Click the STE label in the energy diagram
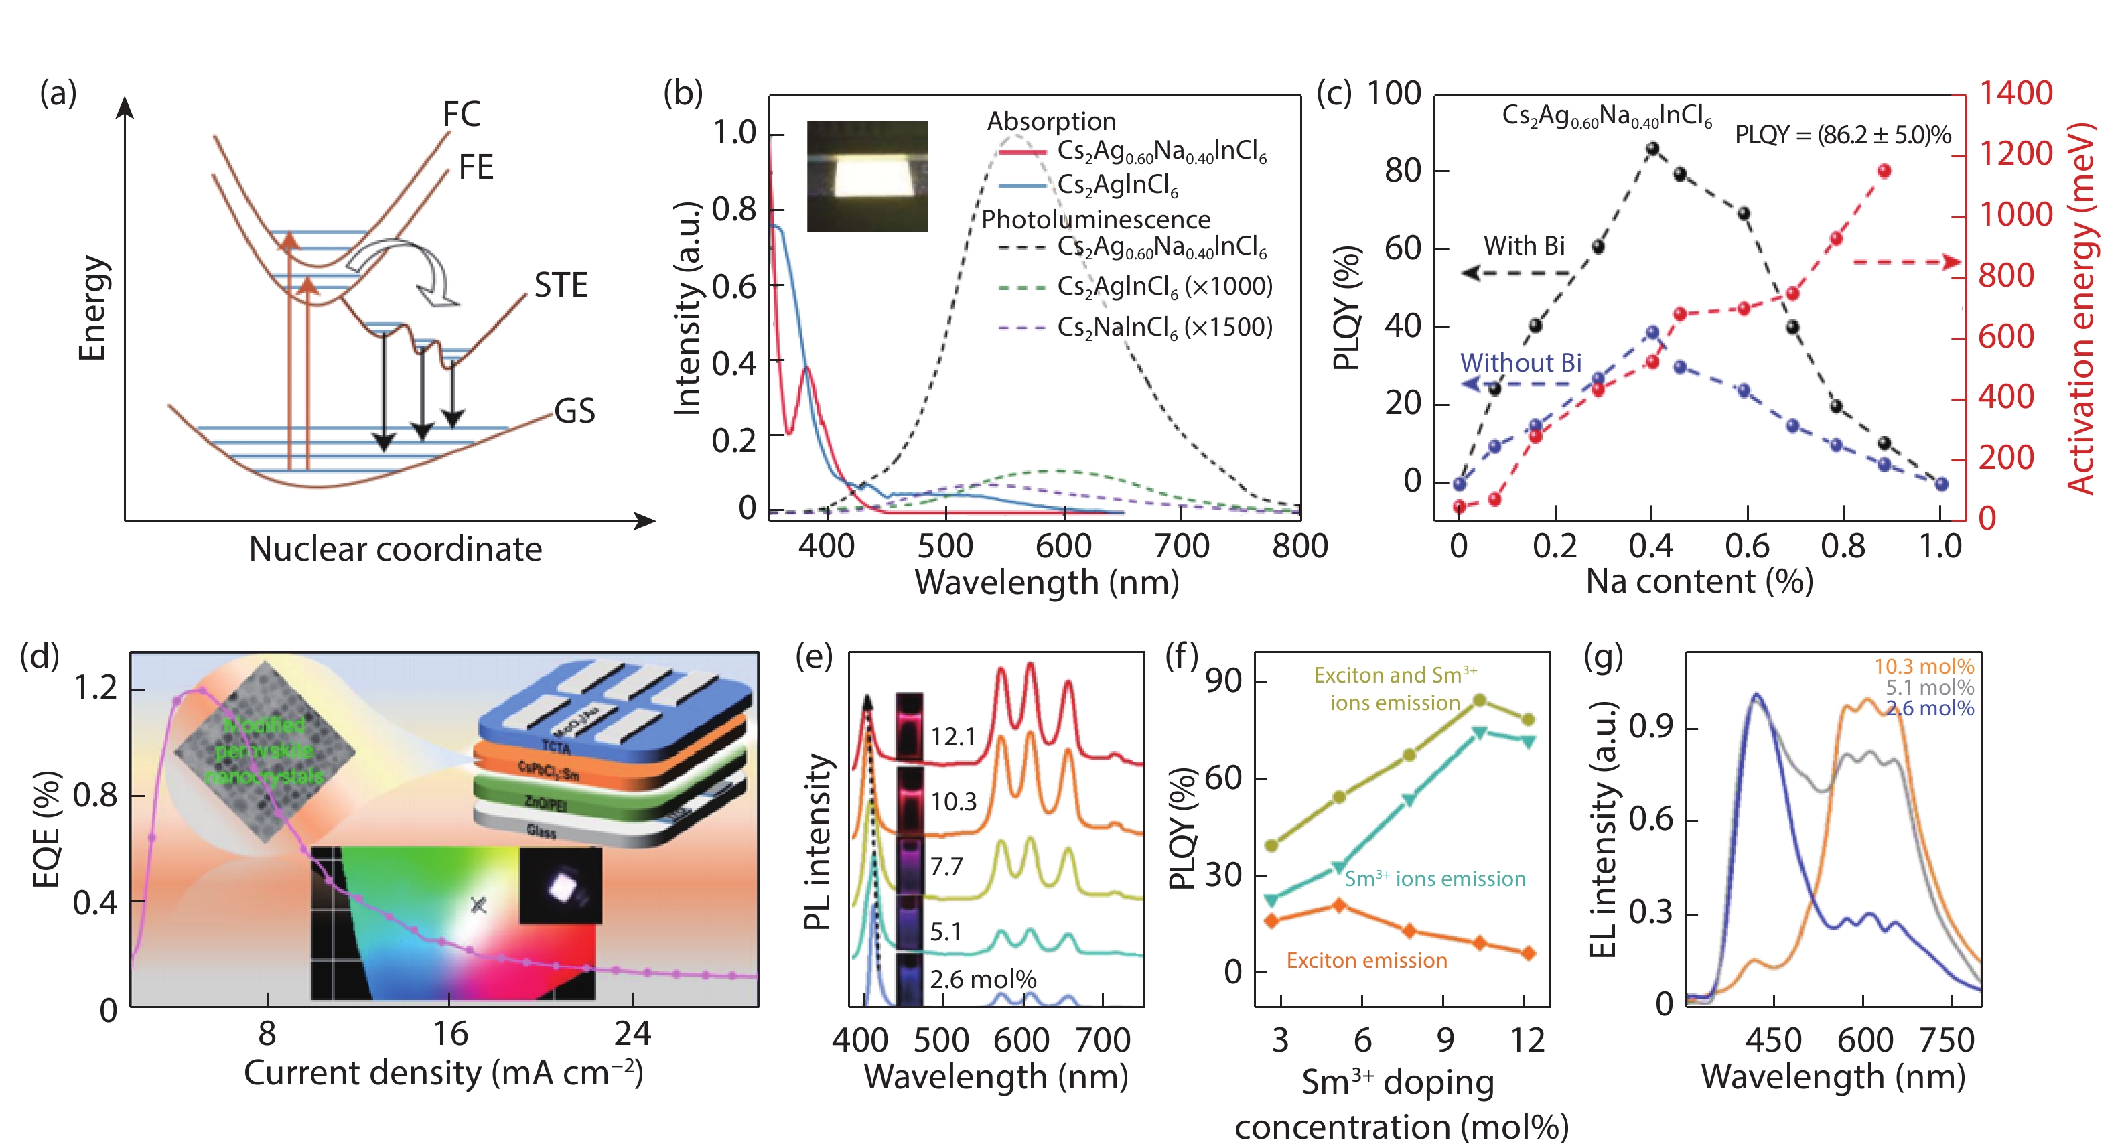point(561,285)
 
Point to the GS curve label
point(575,411)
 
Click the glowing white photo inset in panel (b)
point(867,176)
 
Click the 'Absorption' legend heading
point(1051,121)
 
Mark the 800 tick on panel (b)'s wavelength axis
point(1299,546)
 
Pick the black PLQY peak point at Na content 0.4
point(1652,149)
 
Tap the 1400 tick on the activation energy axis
point(2016,93)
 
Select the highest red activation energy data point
point(1884,171)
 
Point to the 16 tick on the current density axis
point(450,1033)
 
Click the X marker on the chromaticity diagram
point(478,906)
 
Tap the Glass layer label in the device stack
point(541,831)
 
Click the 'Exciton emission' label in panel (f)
point(1366,960)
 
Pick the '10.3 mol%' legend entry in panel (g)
point(1923,666)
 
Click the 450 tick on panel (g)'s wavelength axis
point(1774,1040)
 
